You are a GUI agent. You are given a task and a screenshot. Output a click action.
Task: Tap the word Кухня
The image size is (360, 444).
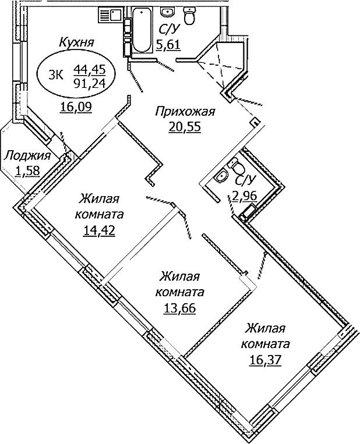77,42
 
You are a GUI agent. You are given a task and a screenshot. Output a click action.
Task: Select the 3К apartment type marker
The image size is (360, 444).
55,74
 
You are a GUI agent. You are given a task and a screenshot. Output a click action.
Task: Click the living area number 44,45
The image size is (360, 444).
89,69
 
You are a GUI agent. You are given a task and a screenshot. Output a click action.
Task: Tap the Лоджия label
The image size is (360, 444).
27,155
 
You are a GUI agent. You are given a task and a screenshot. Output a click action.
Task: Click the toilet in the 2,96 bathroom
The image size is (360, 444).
238,165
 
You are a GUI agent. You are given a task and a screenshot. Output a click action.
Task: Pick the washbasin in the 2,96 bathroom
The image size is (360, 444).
221,176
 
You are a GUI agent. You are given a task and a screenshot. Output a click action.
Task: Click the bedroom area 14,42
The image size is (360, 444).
99,229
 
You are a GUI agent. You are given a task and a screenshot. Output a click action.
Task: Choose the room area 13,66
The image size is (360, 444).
179,307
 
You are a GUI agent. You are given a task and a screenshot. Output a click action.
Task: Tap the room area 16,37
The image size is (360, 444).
265,359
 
